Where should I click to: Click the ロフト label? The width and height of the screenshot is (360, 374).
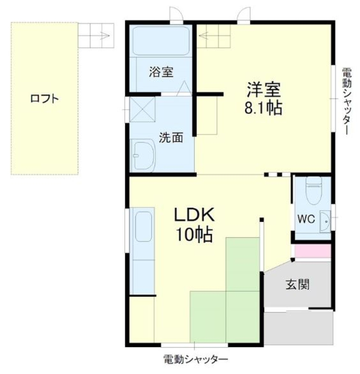tap(44, 99)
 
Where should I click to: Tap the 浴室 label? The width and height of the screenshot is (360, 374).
tap(161, 72)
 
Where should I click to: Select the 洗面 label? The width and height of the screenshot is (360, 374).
tap(171, 138)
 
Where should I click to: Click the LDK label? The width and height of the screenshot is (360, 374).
tap(193, 216)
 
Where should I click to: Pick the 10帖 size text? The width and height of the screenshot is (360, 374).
tap(193, 235)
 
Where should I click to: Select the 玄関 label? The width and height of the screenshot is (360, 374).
tap(298, 285)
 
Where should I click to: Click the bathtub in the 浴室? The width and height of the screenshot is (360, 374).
tap(161, 41)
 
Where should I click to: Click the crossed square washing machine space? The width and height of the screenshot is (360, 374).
tap(142, 109)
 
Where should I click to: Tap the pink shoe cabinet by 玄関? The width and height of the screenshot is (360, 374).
tap(312, 251)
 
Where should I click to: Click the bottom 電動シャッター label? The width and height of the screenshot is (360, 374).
tap(195, 359)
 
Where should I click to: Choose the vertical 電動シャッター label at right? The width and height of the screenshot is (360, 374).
tap(346, 101)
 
